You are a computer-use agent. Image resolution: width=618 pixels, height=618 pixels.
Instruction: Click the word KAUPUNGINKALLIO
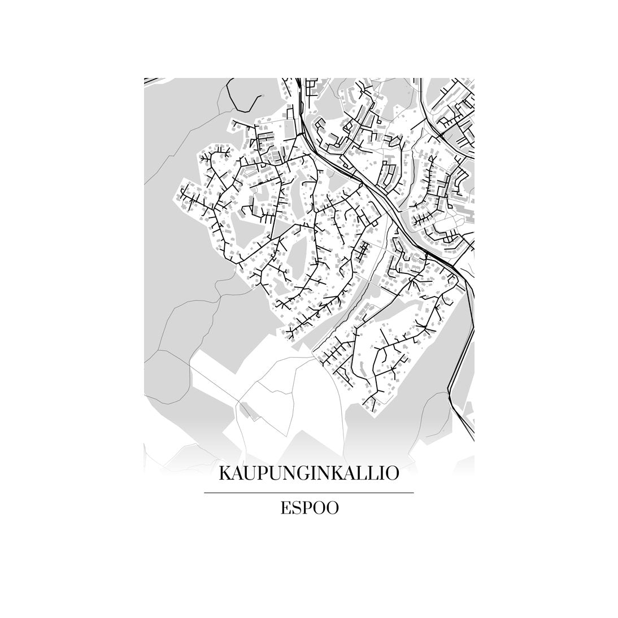coord(308,473)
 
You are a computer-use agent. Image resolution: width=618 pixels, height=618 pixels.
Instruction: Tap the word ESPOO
coord(309,508)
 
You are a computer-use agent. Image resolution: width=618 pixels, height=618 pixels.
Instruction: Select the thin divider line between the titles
coord(308,493)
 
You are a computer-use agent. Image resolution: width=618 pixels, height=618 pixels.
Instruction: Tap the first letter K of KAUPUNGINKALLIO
coord(225,473)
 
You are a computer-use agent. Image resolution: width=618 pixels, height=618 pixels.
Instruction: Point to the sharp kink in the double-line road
coord(449,390)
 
